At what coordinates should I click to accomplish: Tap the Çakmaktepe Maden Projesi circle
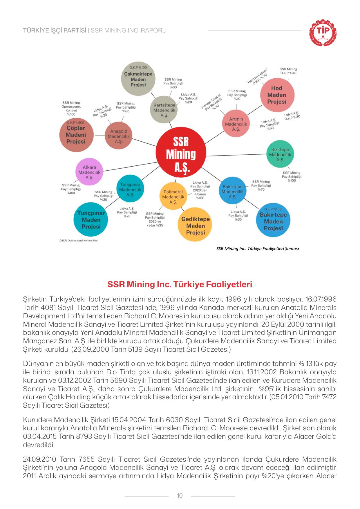tap(138, 79)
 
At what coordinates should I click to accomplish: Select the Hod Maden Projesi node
tap(277, 95)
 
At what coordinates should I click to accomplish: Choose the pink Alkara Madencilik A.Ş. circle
tap(89, 172)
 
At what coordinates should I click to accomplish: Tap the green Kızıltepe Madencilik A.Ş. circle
tap(280, 154)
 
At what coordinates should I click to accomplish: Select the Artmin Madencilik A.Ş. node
tap(236, 124)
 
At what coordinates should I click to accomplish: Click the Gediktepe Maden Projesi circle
tap(195, 225)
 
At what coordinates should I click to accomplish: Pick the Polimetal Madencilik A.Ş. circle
tap(173, 196)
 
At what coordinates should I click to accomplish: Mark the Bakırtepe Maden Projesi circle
tap(273, 221)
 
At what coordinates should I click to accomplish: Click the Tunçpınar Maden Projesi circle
tap(91, 219)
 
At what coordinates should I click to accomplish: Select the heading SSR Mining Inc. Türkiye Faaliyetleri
tap(180, 284)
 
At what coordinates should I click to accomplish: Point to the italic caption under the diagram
tap(258, 248)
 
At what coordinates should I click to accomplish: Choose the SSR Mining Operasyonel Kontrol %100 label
tap(71, 108)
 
